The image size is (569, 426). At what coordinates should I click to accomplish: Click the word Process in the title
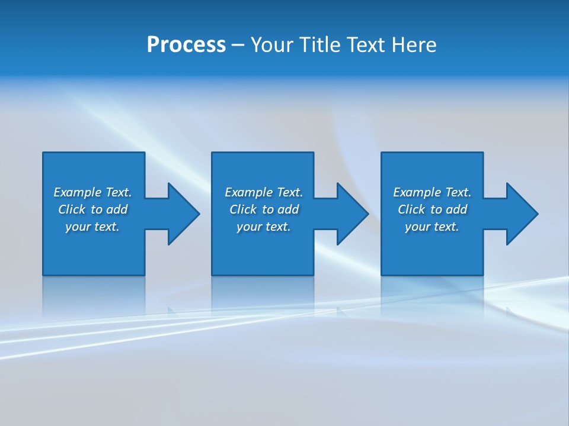[x=186, y=45]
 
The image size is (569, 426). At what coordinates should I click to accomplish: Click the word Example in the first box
[x=78, y=192]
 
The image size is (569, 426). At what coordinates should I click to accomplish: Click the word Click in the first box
[x=72, y=209]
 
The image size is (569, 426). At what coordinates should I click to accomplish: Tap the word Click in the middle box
[x=243, y=209]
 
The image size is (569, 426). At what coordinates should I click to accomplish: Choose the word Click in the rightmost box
[x=411, y=209]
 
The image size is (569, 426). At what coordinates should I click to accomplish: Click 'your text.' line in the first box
[x=92, y=227]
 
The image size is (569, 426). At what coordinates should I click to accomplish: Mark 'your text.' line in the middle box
[x=264, y=227]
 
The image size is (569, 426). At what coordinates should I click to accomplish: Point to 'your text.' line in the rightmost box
[x=432, y=227]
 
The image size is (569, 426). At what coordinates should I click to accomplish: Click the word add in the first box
[x=117, y=209]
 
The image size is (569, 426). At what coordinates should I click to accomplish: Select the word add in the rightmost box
[x=456, y=209]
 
